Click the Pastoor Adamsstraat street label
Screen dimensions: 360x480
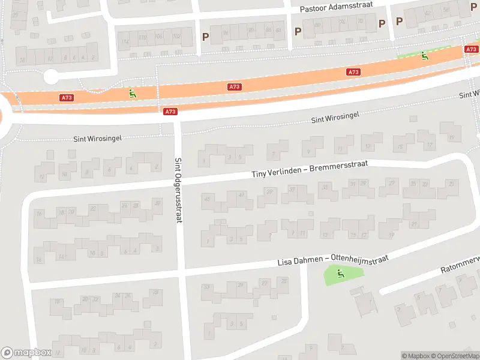(x=336, y=7)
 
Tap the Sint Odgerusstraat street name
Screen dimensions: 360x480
(x=178, y=190)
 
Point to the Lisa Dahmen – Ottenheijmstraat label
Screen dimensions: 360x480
(x=332, y=260)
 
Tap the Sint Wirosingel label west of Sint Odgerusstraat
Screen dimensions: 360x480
(x=97, y=138)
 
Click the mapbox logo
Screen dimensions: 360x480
(x=26, y=353)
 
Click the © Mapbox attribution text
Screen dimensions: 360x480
(x=416, y=356)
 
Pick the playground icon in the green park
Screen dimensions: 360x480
(x=341, y=274)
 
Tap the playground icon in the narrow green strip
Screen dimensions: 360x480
(x=424, y=56)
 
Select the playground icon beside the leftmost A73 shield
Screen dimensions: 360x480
(x=131, y=94)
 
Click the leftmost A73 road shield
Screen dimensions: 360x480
(x=67, y=97)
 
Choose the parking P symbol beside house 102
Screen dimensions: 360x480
(x=205, y=37)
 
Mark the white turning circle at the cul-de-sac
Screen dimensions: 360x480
(x=51, y=77)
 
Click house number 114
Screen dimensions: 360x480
(x=125, y=41)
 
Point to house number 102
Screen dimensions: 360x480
(x=176, y=36)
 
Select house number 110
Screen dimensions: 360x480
(x=143, y=37)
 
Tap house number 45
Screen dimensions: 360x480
(x=208, y=199)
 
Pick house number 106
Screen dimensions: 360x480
(x=159, y=37)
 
